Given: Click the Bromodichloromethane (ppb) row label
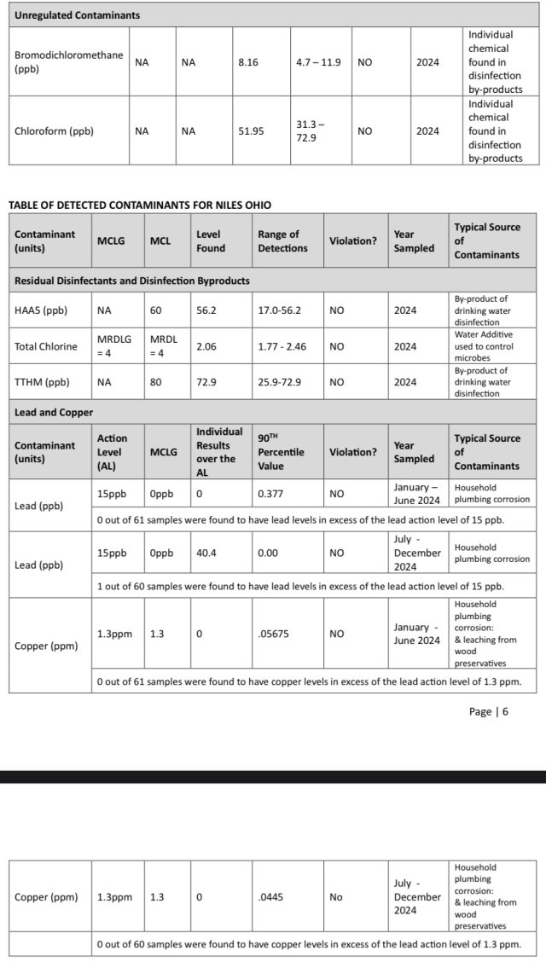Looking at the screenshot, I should point(68,61).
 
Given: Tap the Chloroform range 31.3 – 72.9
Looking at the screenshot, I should point(309,130).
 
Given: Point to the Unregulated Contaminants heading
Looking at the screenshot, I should point(78,15).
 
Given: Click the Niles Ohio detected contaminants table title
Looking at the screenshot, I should point(140,205).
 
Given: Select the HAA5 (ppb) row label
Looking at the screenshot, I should point(42,310).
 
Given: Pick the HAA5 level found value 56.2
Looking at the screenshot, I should point(206,310).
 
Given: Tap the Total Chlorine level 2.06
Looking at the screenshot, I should point(207,346).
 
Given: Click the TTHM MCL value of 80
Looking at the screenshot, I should point(156,382).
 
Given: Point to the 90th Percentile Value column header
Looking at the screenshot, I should point(281,452).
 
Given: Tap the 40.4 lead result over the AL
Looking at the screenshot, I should point(207,553).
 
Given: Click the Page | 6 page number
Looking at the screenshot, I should point(488,711).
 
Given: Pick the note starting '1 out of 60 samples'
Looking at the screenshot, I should point(300,586).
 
